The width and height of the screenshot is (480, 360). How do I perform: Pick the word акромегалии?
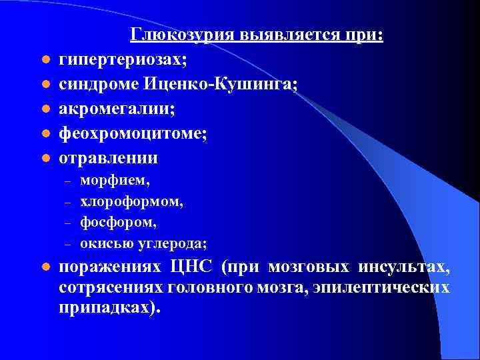[111, 109]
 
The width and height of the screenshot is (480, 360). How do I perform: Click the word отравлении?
[109, 158]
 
